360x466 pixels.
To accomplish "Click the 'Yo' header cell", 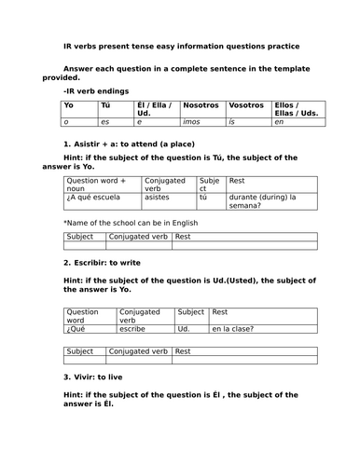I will (x=67, y=105).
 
